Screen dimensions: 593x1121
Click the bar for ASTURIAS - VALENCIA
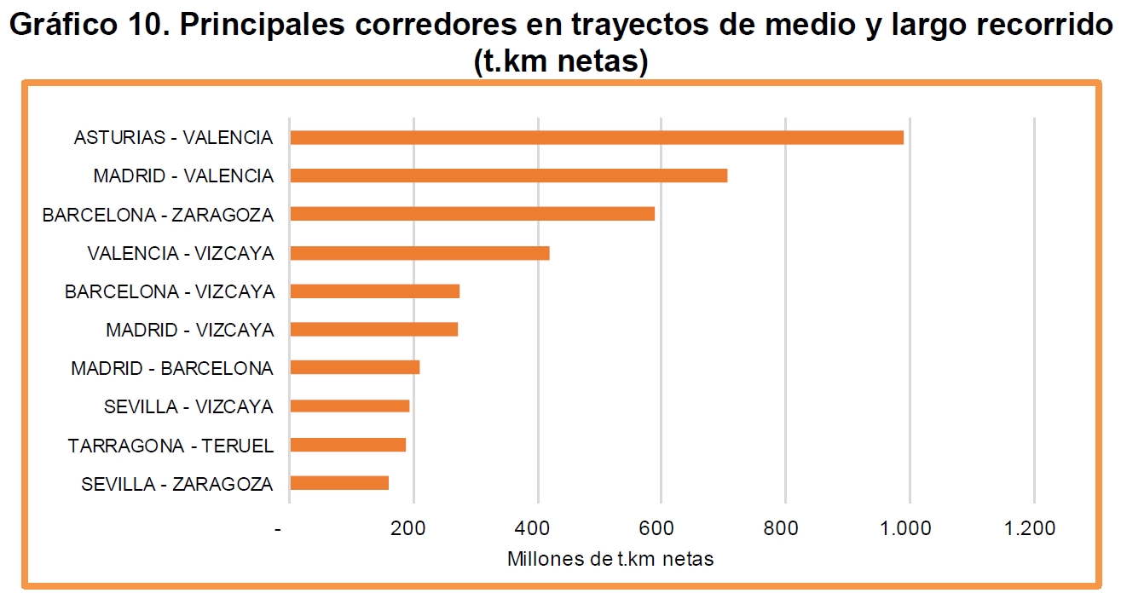(x=597, y=137)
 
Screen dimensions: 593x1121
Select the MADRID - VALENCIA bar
(x=509, y=176)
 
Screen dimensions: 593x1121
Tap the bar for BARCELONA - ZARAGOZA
(x=472, y=214)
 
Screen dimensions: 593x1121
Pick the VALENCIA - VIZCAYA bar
(x=419, y=253)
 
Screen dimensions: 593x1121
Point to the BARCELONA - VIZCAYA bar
(x=375, y=291)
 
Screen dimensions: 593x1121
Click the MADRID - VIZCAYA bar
(x=374, y=330)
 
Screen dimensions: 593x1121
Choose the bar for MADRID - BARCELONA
(x=355, y=367)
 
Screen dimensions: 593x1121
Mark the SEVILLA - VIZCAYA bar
(x=350, y=406)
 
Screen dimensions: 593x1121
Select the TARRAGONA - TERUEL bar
(x=348, y=445)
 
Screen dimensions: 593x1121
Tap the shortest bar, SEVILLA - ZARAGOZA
(x=339, y=483)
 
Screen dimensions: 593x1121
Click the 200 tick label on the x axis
(x=413, y=528)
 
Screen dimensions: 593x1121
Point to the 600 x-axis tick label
(x=661, y=528)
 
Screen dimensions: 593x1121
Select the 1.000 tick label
(x=908, y=528)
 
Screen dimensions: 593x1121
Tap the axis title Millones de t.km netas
(x=610, y=560)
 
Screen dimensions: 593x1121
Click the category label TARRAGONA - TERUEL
(x=170, y=446)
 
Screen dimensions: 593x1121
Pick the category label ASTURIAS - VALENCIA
(x=173, y=138)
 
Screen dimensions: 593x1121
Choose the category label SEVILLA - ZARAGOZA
(x=177, y=484)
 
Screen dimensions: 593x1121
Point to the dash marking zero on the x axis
(x=278, y=530)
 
